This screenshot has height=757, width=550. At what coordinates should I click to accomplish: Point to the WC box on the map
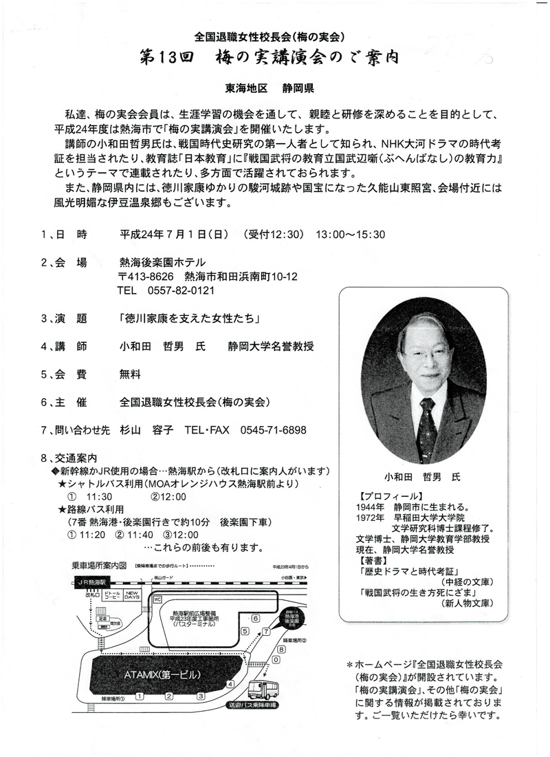[157, 599]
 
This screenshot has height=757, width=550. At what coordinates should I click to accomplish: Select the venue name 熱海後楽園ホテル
[162, 262]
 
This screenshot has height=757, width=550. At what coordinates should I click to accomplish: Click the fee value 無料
[130, 374]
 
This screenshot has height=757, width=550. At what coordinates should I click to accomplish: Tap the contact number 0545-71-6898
[273, 430]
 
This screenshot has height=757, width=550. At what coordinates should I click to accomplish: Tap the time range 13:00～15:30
[351, 234]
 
